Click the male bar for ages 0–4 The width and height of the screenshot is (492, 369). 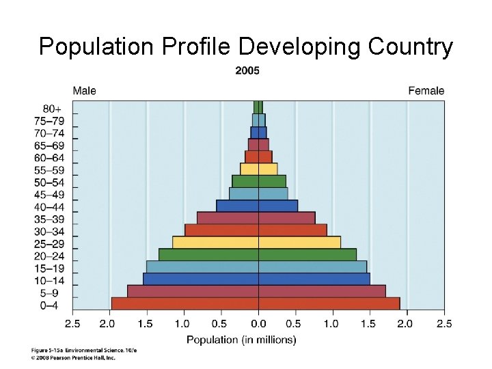tap(184, 303)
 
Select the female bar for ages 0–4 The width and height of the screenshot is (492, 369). tap(329, 303)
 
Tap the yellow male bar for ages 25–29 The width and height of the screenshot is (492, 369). tap(215, 242)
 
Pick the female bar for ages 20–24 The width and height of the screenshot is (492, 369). tap(307, 254)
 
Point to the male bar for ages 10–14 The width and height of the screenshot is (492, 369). tap(200, 279)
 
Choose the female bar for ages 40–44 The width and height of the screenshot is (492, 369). tap(277, 205)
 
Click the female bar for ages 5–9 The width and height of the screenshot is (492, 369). tap(322, 291)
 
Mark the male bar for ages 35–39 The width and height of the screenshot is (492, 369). tap(228, 217)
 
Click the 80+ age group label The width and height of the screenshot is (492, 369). tap(52, 108)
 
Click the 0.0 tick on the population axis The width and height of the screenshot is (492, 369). tap(258, 323)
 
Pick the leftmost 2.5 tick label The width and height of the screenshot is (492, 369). tap(72, 323)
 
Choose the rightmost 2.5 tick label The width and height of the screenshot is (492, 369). tap(444, 323)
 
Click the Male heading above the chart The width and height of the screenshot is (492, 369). tap(85, 91)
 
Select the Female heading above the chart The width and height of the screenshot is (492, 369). tap(426, 91)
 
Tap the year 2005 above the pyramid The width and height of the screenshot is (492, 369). tap(247, 70)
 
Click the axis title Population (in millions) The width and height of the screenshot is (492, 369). tap(241, 339)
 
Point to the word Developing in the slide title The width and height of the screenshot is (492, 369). tap(301, 47)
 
